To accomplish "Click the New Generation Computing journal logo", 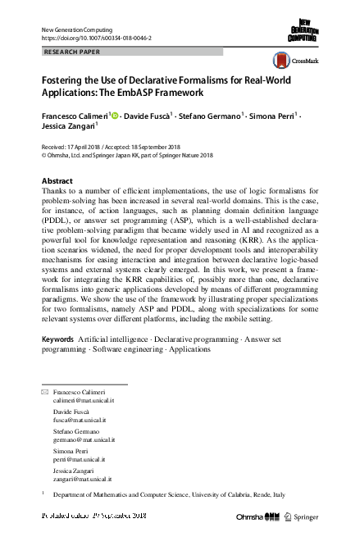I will point(303,30).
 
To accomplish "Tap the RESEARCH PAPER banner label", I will point(72,51).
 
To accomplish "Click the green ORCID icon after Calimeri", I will point(114,116).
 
